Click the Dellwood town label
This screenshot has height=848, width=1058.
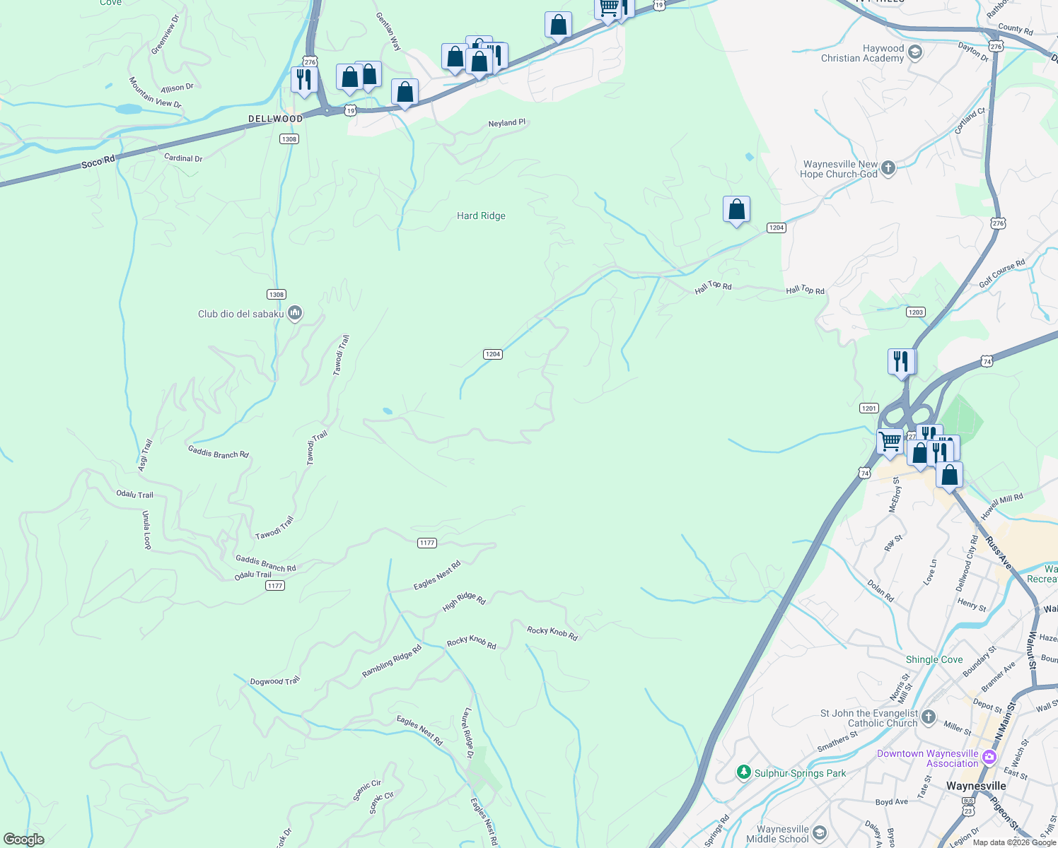pos(275,119)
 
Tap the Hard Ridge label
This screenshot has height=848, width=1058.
pos(481,216)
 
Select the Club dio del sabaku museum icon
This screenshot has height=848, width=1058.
pos(296,313)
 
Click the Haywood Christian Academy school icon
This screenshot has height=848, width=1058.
pos(914,53)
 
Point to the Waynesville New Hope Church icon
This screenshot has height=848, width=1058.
pos(888,168)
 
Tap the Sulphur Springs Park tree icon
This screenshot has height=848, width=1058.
pos(743,772)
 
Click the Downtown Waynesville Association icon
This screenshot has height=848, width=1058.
pos(989,758)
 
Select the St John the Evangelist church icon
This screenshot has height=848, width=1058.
pos(929,717)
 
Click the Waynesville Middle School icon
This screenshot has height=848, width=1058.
pos(820,833)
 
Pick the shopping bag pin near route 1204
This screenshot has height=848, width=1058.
pos(736,210)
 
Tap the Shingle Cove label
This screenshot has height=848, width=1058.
pos(934,659)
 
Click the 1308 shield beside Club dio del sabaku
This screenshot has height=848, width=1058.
pos(276,295)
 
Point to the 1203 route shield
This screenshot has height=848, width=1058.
pos(916,312)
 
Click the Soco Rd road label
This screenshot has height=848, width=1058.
pos(98,163)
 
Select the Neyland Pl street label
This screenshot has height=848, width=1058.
pos(507,123)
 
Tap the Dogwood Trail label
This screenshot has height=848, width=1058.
pos(275,681)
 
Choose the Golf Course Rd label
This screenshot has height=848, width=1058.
pos(1002,273)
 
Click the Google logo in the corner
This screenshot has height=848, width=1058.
pos(23,840)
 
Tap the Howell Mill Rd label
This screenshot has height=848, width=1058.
pos(1002,506)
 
